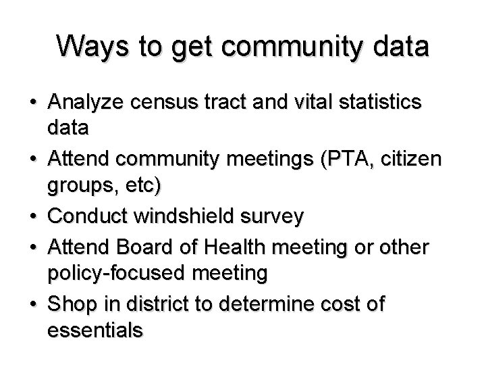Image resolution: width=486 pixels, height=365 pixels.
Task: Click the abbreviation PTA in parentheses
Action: point(346,160)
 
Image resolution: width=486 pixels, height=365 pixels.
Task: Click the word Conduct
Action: point(90,217)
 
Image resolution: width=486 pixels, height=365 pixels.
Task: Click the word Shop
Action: point(72,304)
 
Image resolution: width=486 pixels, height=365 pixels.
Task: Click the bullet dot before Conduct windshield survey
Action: point(34,218)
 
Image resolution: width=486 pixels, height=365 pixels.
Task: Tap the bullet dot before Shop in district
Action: point(34,305)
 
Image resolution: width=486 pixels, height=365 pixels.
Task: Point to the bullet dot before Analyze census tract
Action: point(34,103)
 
